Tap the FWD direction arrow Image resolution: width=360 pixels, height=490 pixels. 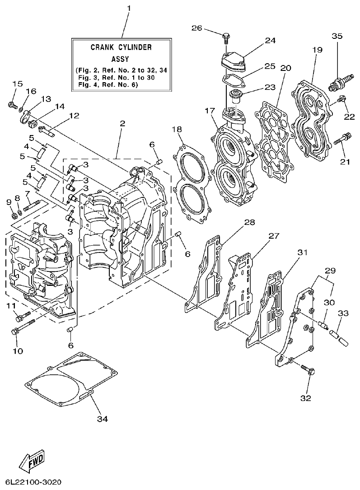point(32,460)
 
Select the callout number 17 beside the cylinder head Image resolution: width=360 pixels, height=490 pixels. point(209,110)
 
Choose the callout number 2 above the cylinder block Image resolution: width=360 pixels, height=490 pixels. point(123,123)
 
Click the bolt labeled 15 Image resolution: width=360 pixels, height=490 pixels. point(12,105)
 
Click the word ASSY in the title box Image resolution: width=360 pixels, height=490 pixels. point(120,59)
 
